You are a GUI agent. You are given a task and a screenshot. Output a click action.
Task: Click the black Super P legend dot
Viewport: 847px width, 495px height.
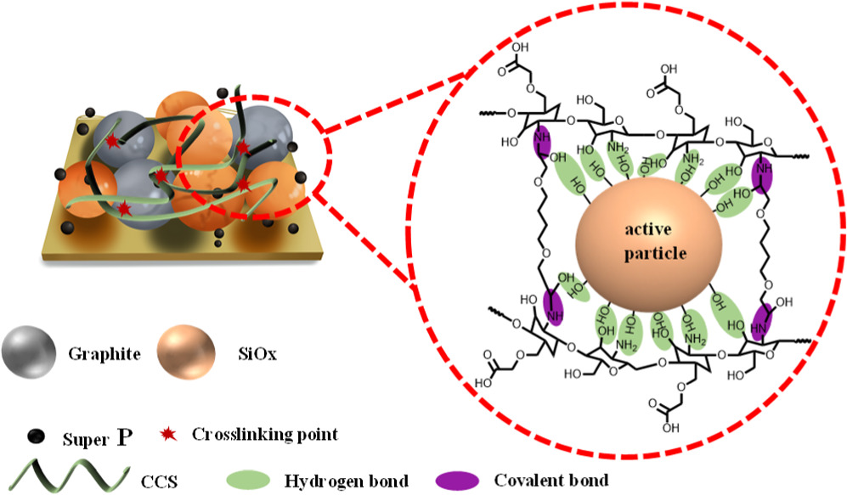35,436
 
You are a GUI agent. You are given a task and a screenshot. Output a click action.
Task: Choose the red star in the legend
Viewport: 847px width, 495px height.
170,436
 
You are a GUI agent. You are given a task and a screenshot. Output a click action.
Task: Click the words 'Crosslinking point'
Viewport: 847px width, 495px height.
265,435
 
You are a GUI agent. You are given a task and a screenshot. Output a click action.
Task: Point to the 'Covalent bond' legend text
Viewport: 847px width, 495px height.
559,481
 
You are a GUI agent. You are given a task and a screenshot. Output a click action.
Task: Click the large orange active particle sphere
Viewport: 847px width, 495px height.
647,247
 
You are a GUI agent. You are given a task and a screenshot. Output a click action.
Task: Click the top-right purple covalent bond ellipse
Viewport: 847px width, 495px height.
764,178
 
